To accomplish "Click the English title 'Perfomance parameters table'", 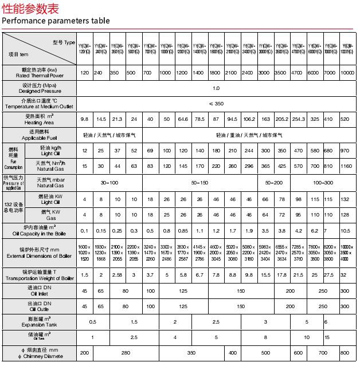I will tap(56, 21).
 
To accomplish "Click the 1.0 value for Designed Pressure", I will tap(216, 88).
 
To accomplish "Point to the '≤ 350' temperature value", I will tap(216, 104).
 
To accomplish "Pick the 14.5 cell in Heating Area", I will tap(101, 119).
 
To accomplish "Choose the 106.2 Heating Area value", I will tap(249, 119).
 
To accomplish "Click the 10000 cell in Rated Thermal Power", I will tap(347, 73).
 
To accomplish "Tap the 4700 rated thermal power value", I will tap(298, 73).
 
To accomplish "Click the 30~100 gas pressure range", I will tap(109, 182).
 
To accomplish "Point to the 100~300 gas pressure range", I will tap(323, 182).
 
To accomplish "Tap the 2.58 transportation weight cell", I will tap(117, 275).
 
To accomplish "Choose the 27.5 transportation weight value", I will tap(328, 275).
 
